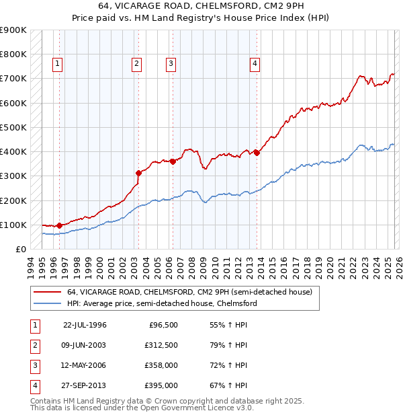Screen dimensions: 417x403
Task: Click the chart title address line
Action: (201, 7)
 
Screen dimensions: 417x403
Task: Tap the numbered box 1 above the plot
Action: (58, 64)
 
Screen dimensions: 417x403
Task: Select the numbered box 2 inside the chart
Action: (136, 64)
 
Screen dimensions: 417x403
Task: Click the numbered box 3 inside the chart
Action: (171, 64)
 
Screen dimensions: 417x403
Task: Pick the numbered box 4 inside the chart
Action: (255, 64)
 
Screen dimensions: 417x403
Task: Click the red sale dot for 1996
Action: (60, 225)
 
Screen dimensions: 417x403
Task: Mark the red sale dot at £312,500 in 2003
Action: (139, 173)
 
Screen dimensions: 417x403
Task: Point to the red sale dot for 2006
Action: (173, 161)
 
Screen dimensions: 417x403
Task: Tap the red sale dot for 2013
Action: (257, 153)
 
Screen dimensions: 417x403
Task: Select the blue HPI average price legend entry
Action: (162, 303)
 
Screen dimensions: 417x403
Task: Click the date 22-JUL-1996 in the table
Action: (85, 325)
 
